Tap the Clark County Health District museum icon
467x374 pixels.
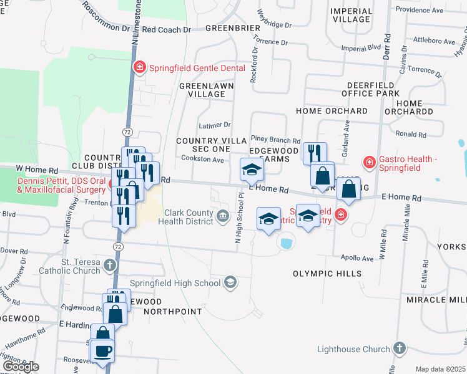pos(223,216)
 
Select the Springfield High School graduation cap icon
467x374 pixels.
pos(230,283)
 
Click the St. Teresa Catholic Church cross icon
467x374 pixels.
pos(110,266)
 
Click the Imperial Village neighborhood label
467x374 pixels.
pos(351,16)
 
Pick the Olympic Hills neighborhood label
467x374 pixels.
pos(327,274)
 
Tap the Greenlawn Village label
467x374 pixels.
pos(202,89)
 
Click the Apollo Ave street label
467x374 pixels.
pos(357,258)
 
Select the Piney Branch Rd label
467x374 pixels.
pos(275,140)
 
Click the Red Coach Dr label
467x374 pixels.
pos(166,29)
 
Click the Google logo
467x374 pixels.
pos(21,367)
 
